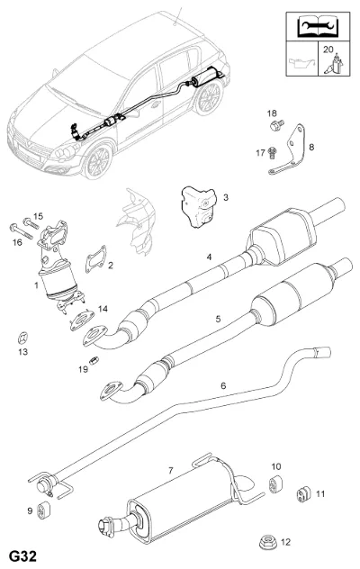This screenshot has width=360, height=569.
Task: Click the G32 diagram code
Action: tap(22, 556)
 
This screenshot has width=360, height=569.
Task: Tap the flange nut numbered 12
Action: tap(267, 542)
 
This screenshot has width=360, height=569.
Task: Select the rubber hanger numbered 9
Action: tap(44, 510)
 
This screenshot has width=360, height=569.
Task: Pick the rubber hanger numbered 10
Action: tap(275, 484)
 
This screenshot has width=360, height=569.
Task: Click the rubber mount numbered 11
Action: tap(302, 493)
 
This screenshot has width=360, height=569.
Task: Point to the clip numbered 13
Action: tap(23, 338)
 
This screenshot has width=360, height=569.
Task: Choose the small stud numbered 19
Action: tap(94, 360)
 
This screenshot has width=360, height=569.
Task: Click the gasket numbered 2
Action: tap(96, 259)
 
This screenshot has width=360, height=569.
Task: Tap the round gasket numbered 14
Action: tap(82, 321)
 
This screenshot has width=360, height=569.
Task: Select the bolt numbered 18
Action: tap(277, 126)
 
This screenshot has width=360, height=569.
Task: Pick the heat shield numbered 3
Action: tap(199, 206)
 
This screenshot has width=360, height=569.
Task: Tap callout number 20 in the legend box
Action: tap(328, 49)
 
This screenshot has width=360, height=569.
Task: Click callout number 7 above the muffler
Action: tap(171, 471)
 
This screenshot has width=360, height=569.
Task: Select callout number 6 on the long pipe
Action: tap(223, 385)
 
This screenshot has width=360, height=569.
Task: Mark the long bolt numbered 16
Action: tap(21, 232)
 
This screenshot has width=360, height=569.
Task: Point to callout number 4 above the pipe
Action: tap(209, 257)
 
